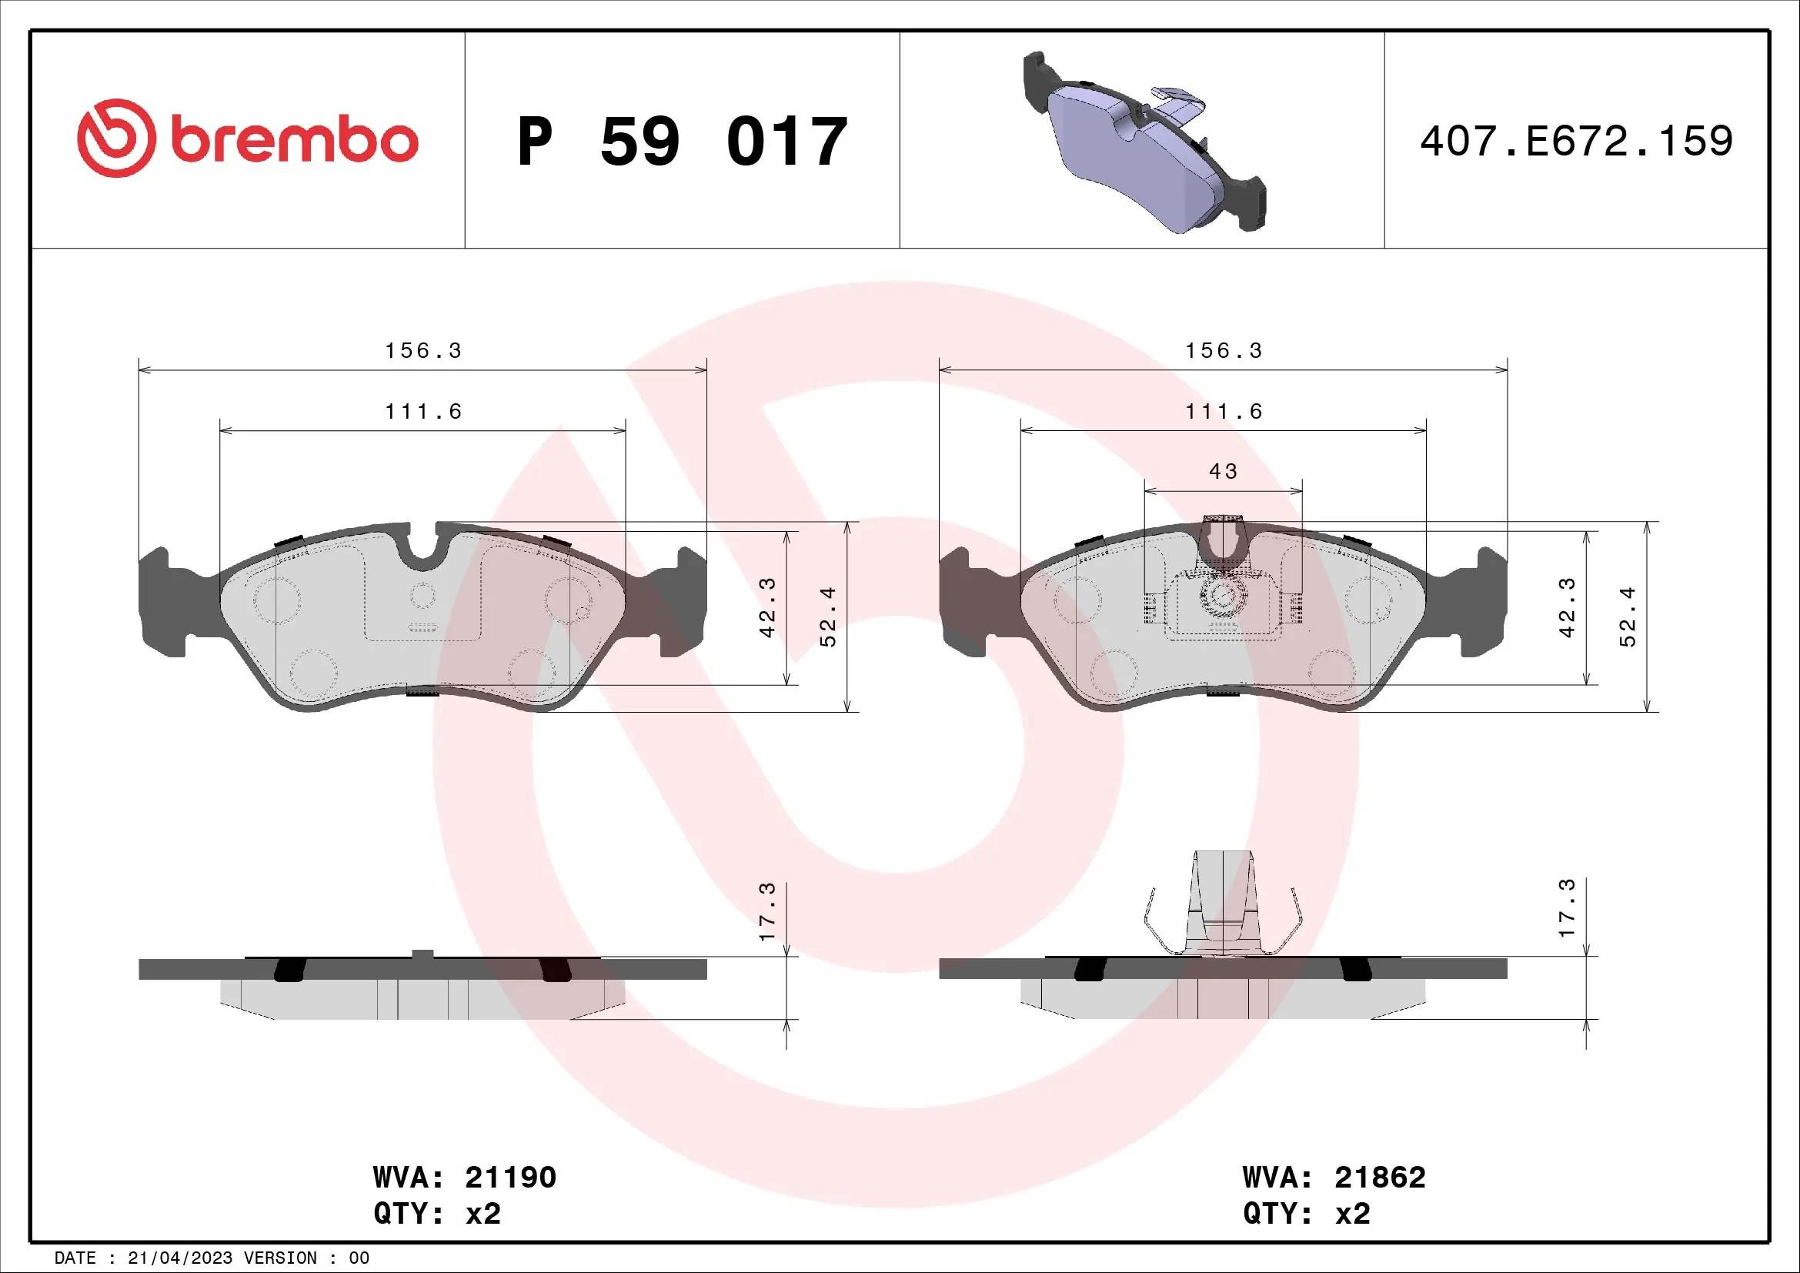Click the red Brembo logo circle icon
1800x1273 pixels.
(x=116, y=139)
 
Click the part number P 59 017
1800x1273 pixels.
(x=682, y=142)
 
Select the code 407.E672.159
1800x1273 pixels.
(x=1576, y=142)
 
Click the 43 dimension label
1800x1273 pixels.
(x=1223, y=472)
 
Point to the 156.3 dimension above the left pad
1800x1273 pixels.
(x=423, y=350)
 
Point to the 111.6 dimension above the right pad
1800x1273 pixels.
(x=1224, y=412)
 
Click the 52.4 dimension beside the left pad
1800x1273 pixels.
(x=828, y=617)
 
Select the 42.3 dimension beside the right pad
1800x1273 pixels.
(x=1566, y=607)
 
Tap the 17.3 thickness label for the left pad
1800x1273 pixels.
(x=766, y=911)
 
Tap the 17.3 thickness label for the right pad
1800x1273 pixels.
(x=1566, y=907)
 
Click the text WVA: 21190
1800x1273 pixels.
(x=464, y=1178)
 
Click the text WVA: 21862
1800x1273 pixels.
(x=1334, y=1178)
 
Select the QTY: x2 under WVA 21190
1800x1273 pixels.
(x=436, y=1214)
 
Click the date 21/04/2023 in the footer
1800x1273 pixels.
(x=179, y=1258)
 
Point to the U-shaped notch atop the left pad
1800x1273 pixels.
(x=422, y=549)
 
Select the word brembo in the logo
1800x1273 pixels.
(x=294, y=141)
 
